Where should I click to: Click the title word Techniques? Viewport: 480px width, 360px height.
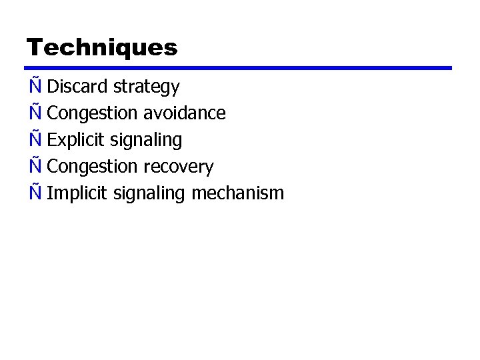point(102,47)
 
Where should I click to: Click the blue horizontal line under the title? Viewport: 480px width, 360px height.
point(238,68)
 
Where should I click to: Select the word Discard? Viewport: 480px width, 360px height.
point(78,87)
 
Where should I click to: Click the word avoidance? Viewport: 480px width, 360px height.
point(185,113)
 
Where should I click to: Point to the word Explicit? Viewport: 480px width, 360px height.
point(77,141)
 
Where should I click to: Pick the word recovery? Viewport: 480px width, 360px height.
point(179,167)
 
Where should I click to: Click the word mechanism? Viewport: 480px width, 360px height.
point(237,194)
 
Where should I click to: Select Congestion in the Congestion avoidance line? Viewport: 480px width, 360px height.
point(93,114)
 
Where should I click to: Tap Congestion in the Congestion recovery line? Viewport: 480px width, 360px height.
point(93,167)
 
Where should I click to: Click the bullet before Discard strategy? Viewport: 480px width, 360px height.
point(35,86)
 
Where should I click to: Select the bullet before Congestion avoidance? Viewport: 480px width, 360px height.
point(35,113)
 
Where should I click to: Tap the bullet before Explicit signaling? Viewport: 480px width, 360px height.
point(35,139)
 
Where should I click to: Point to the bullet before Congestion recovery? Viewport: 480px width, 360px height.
point(35,166)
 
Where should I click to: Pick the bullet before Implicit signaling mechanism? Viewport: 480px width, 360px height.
point(35,193)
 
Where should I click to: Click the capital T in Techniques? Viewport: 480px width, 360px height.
point(35,47)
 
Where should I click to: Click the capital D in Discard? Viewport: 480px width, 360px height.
point(53,87)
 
